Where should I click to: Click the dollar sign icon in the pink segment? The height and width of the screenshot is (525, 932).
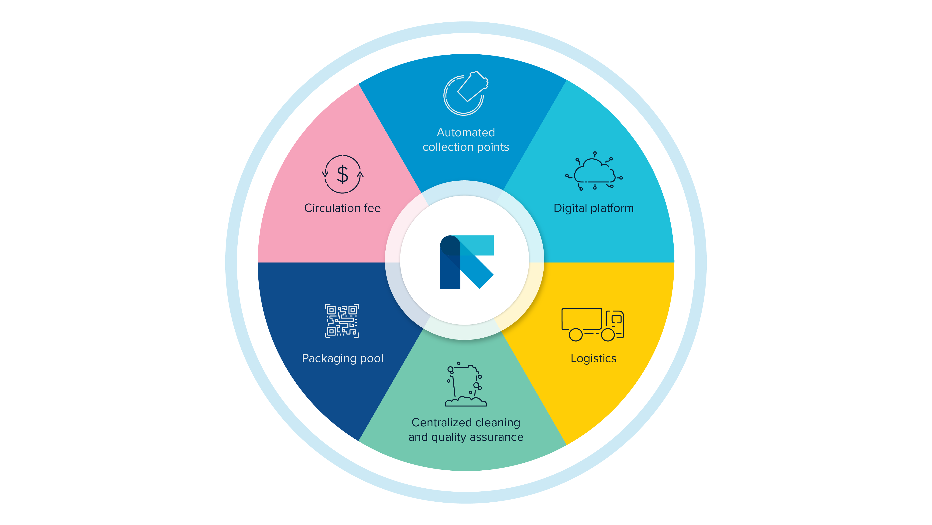click(x=342, y=174)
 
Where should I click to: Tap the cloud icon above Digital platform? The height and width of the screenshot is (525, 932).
click(x=594, y=171)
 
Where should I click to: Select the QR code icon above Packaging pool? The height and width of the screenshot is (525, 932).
click(x=342, y=321)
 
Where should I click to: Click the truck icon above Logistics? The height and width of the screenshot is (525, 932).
click(x=593, y=325)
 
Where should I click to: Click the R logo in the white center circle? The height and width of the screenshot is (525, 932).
click(x=467, y=262)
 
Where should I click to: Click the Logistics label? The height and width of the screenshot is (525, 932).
click(x=593, y=358)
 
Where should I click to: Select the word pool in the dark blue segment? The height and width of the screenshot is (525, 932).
click(x=372, y=358)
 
